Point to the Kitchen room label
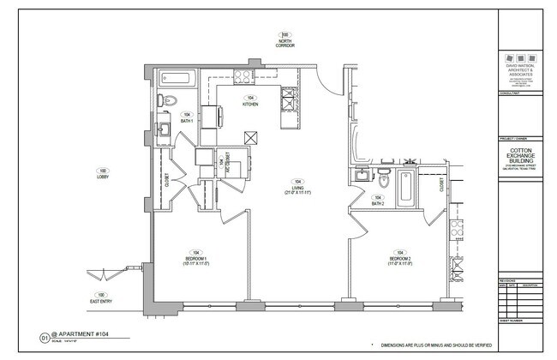[250, 101]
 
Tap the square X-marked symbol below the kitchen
[251, 137]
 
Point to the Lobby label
[103, 173]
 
